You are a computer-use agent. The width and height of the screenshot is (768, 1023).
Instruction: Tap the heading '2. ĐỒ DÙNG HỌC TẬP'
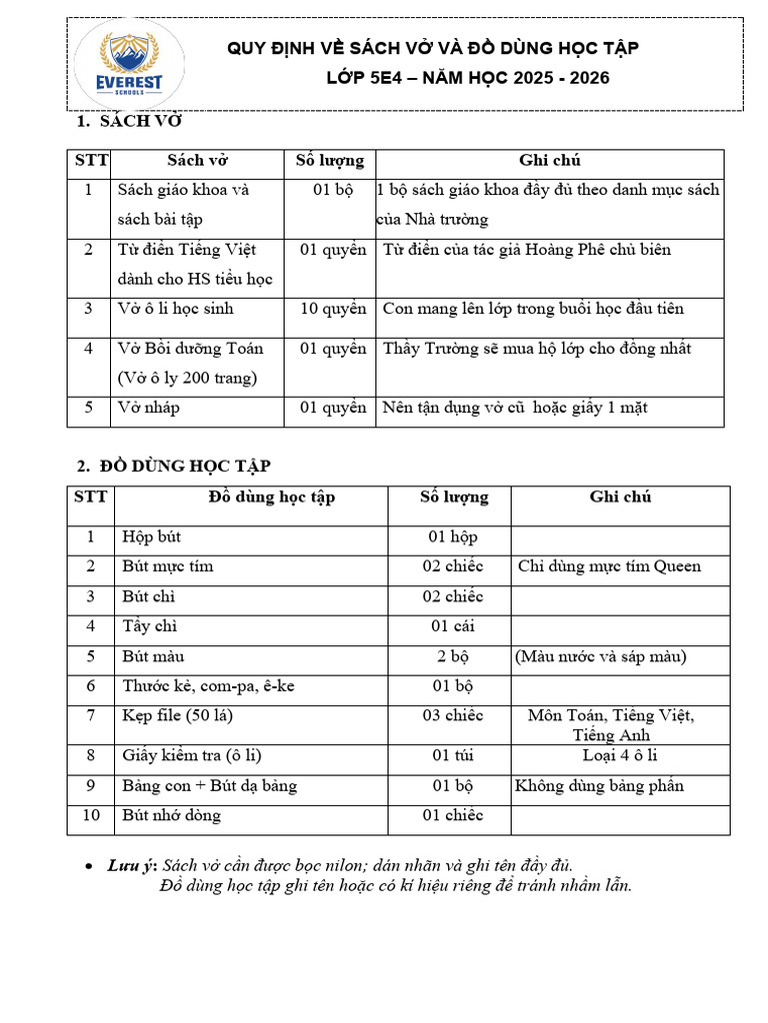[173, 466]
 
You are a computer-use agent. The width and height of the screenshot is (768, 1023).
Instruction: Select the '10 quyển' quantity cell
[333, 309]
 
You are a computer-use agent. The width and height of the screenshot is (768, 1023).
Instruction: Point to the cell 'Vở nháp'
[149, 408]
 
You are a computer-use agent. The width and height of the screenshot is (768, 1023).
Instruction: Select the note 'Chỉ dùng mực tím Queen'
[609, 566]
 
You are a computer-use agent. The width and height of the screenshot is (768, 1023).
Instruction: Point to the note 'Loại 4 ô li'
[619, 755]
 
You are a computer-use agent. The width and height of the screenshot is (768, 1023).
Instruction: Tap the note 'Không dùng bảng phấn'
[599, 785]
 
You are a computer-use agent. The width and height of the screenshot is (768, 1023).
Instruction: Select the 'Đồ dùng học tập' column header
[272, 497]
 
